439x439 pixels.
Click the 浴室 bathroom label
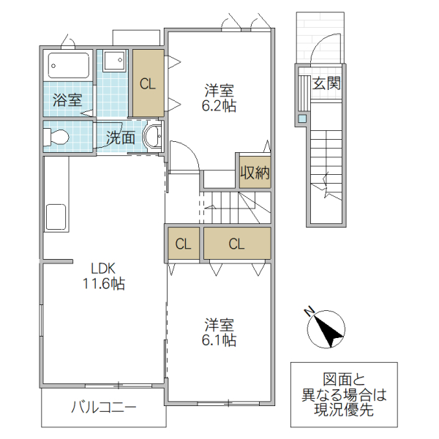(x=68, y=100)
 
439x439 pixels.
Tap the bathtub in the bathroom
(x=68, y=67)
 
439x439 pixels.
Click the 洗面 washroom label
(x=121, y=137)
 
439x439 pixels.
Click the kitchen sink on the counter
(x=56, y=217)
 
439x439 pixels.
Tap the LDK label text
(x=103, y=268)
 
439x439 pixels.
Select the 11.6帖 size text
(x=103, y=284)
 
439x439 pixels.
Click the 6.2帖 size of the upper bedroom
(x=219, y=105)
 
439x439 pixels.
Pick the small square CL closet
(x=183, y=244)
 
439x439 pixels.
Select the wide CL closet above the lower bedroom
(x=236, y=244)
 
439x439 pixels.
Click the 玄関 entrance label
(x=326, y=83)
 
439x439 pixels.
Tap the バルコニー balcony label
(x=103, y=408)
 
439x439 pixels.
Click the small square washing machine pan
(x=113, y=60)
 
